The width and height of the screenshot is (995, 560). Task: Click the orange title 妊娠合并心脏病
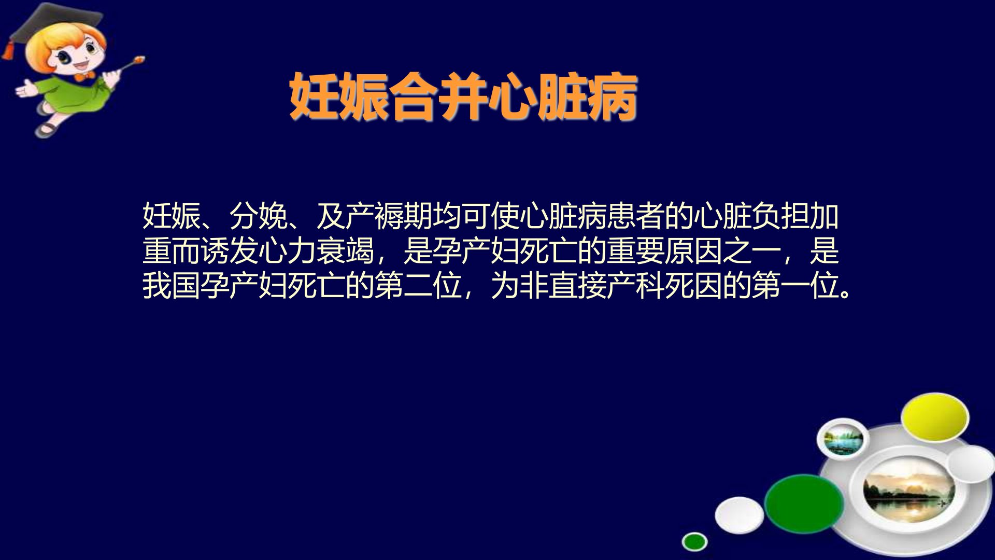tap(463, 97)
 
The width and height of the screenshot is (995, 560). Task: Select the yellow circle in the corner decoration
tap(934, 418)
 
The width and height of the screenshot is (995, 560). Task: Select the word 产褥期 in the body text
tap(389, 216)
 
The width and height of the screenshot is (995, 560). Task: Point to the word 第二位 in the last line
tap(418, 286)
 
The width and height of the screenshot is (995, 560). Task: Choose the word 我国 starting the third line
tap(172, 286)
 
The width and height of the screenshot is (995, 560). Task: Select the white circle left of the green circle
tap(740, 515)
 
